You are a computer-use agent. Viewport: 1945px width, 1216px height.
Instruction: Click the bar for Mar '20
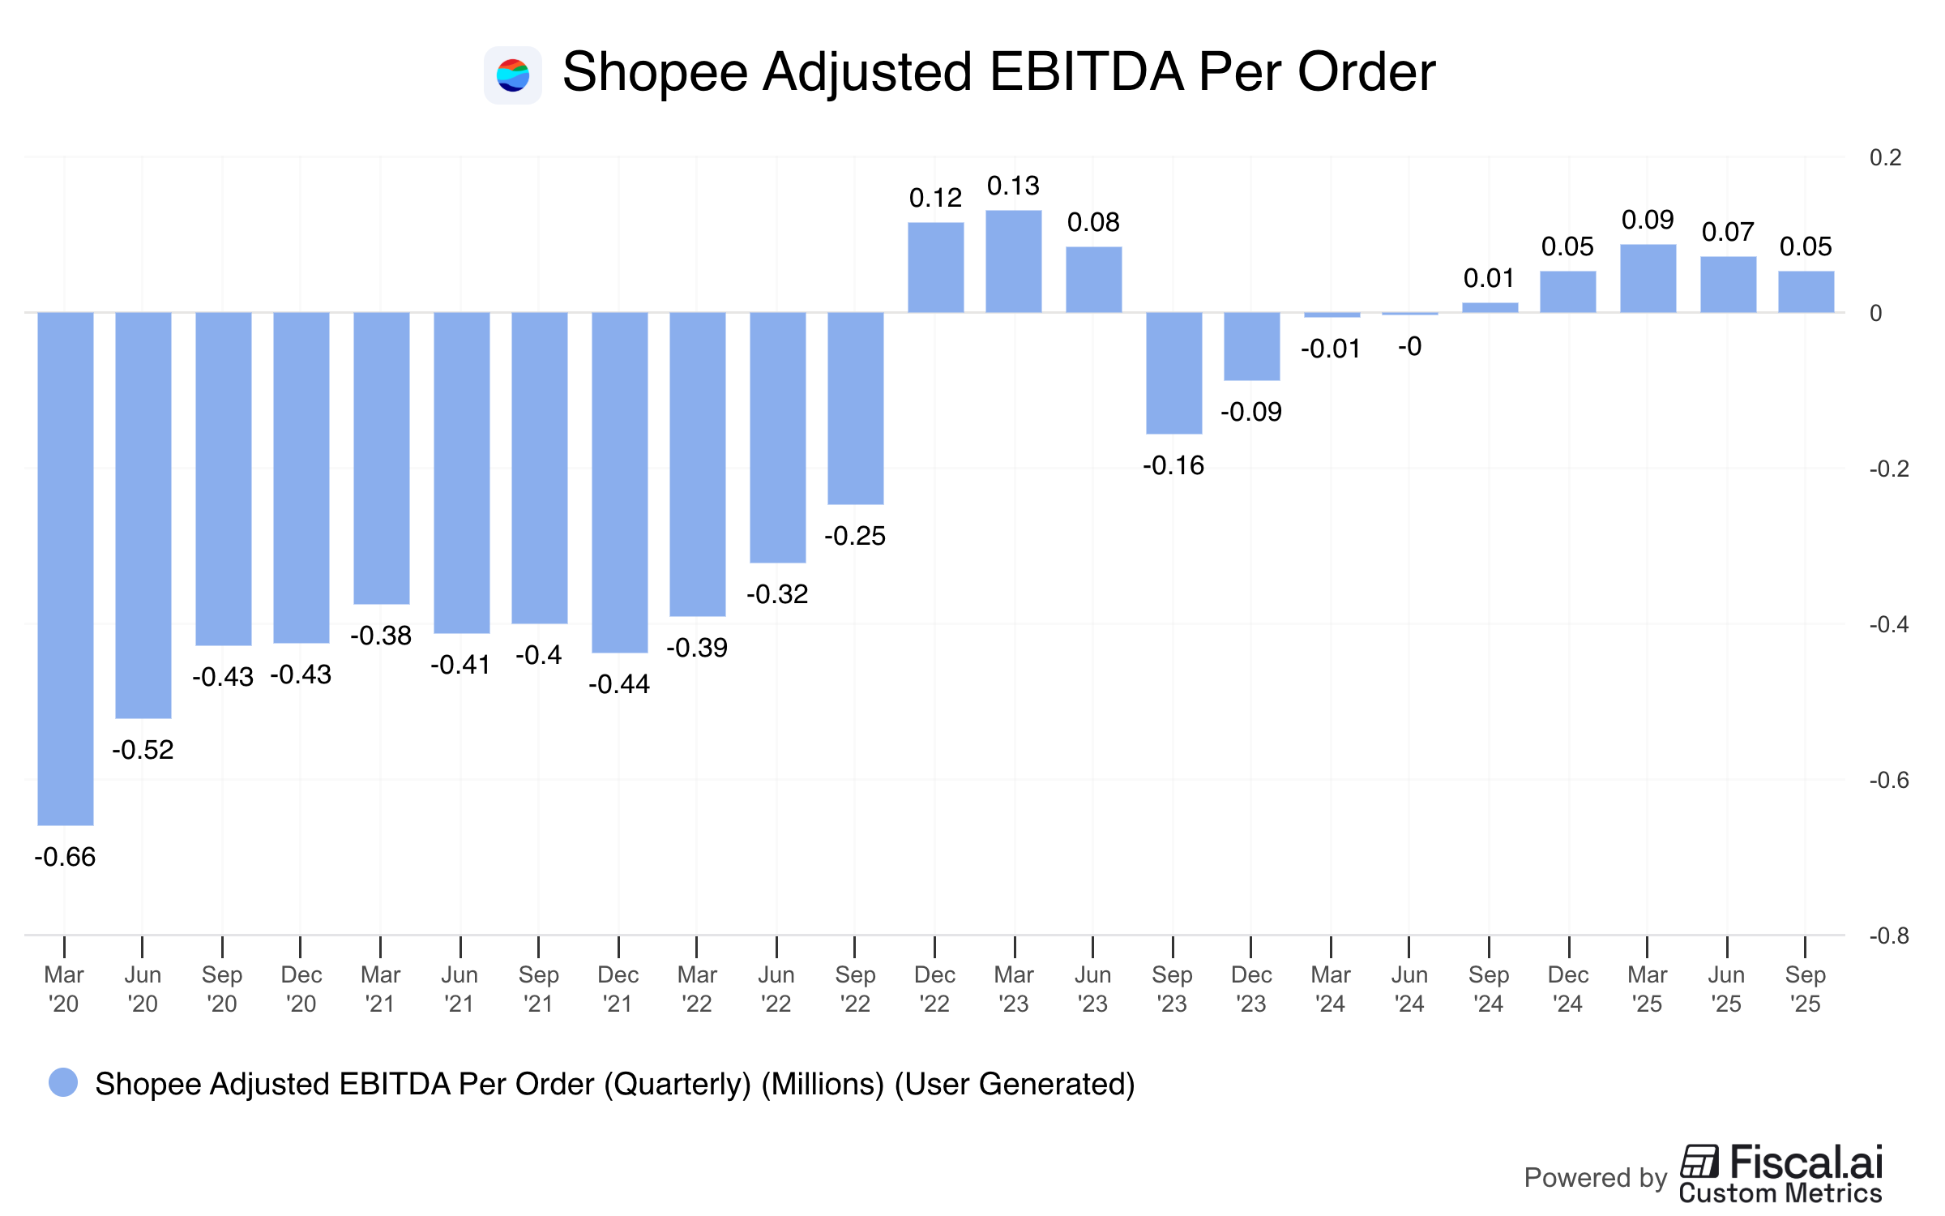pos(65,567)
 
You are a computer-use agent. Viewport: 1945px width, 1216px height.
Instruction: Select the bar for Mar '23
pos(1014,261)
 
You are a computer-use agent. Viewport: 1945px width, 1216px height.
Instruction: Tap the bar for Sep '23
pos(1173,373)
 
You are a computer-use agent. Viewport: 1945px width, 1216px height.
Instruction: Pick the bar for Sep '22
pos(855,408)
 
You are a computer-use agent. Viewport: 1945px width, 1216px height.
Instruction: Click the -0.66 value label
pos(65,857)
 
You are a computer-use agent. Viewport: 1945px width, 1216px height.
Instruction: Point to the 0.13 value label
pos(1013,186)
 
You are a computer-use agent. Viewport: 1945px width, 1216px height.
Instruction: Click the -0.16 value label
pos(1173,465)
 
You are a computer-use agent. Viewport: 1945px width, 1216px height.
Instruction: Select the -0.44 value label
pos(618,684)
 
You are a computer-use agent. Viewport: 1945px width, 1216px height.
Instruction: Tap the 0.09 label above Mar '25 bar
pos(1648,220)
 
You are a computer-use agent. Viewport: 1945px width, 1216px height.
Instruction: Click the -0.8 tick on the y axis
pos(1888,936)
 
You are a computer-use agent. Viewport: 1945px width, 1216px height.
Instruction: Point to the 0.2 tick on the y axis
pos(1885,157)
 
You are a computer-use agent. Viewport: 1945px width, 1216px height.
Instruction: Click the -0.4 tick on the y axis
pos(1888,624)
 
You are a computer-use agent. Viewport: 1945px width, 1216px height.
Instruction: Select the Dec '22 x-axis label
pos(934,989)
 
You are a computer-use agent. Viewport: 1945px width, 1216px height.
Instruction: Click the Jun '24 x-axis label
pos(1409,989)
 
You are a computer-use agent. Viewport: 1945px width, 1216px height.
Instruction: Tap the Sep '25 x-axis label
pos(1805,989)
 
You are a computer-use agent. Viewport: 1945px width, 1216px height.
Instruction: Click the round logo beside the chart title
pos(513,75)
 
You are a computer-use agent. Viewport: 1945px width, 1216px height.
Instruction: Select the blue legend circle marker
pos(63,1082)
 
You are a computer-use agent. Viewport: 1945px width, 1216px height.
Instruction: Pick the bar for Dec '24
pos(1568,292)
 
